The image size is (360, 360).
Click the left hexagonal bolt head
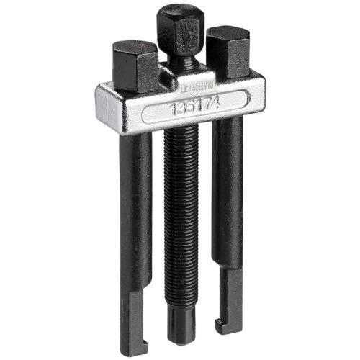[135, 65]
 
